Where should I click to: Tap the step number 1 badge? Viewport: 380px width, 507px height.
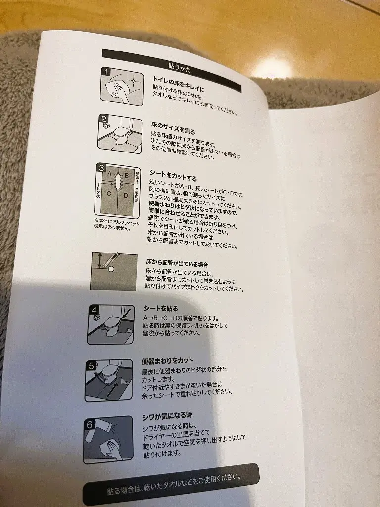[x=106, y=72]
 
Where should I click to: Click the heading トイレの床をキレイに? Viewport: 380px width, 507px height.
[x=179, y=83]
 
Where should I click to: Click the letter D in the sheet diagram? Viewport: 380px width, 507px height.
[x=126, y=195]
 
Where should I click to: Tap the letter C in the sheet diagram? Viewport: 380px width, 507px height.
[x=109, y=194]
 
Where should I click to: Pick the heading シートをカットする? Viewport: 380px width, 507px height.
[x=173, y=175]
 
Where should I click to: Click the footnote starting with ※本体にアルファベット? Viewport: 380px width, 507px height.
[x=116, y=225]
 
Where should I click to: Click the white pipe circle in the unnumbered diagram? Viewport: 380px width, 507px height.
[x=111, y=269]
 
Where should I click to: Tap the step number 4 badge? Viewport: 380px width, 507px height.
[x=94, y=311]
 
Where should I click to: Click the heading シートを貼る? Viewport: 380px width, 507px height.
[x=161, y=309]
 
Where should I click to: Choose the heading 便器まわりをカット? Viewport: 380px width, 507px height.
[x=167, y=361]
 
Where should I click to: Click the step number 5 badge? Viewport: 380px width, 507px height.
[x=92, y=366]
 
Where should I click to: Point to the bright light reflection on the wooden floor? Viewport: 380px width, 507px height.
[x=273, y=68]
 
